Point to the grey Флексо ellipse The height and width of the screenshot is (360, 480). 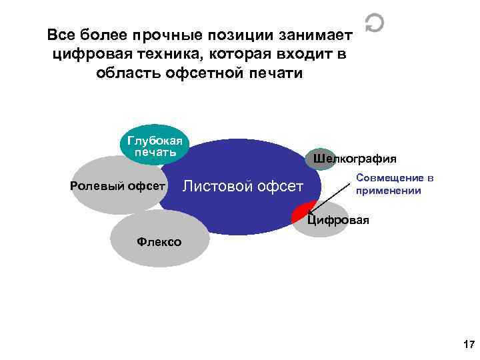[x=155, y=242]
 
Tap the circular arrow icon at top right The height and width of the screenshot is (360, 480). [x=375, y=25]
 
